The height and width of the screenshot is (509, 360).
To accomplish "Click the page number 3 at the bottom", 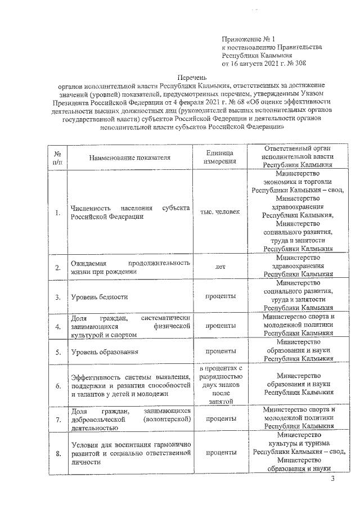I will pos(332,479).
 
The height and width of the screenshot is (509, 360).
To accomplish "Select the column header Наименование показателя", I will pos(129,157).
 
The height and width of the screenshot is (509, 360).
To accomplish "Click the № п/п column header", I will pos(58,157).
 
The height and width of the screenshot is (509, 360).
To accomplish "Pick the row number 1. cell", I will pos(58,213).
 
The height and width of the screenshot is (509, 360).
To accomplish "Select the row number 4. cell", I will pos(58,326).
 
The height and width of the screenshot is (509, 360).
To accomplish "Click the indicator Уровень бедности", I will pos(99,296).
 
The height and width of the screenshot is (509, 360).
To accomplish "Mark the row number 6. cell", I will pos(58,386).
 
